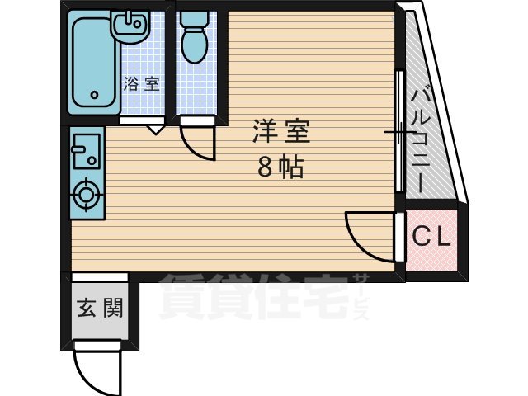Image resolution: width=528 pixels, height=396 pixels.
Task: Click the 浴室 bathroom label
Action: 141,83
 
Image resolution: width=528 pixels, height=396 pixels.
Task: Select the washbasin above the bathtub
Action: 130,28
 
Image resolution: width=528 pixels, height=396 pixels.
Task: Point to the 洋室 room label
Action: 281,130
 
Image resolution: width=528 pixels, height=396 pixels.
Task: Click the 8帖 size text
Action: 280,167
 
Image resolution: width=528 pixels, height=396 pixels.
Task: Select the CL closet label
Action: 431,238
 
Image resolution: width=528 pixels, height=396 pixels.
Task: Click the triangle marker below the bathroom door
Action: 155,129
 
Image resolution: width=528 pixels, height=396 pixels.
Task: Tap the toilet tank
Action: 196,19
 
